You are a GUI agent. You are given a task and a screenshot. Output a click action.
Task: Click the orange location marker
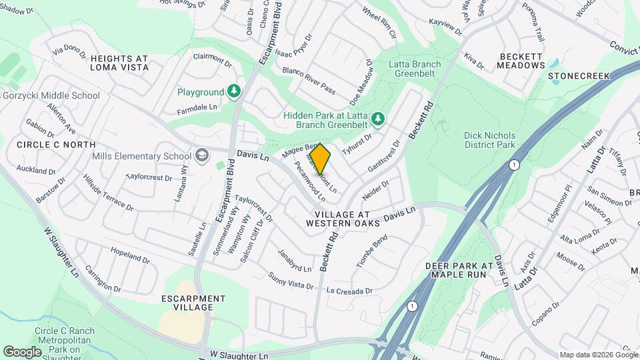click(x=321, y=159)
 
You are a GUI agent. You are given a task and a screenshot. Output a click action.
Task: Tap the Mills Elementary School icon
click(x=201, y=156)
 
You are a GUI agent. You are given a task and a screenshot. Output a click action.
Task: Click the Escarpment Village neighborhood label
click(x=193, y=303)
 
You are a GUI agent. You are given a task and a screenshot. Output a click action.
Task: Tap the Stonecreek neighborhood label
click(x=579, y=76)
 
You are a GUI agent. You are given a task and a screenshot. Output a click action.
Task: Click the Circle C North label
click(x=56, y=145)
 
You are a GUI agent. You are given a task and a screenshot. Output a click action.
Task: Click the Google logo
click(x=22, y=351)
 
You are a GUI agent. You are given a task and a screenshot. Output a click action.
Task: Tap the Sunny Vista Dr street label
click(x=290, y=281)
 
